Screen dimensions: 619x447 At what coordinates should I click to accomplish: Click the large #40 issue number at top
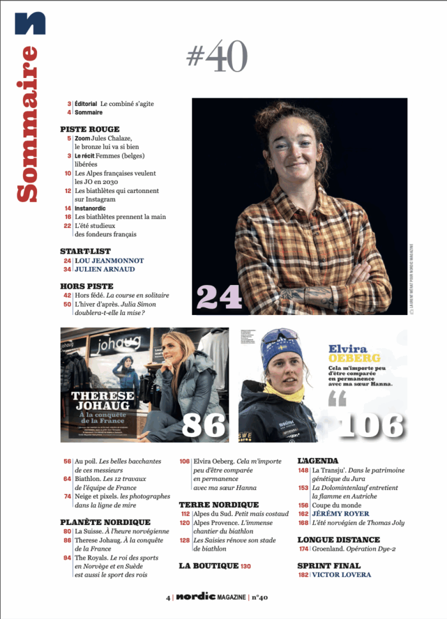point(216,57)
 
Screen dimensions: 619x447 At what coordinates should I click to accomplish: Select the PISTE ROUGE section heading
point(89,129)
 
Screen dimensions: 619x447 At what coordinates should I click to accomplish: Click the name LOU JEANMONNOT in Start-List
point(109,261)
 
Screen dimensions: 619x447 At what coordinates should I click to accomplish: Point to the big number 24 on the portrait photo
point(219,296)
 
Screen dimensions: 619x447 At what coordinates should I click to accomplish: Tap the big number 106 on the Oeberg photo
point(371,425)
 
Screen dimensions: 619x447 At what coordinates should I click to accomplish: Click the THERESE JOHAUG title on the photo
point(103,401)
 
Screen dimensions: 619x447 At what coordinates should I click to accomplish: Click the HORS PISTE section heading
point(86,286)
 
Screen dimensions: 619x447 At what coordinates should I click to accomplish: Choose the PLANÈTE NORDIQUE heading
point(105,522)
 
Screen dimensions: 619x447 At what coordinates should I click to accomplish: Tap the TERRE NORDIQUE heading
point(218,505)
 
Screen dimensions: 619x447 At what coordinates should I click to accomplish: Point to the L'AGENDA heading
point(318,461)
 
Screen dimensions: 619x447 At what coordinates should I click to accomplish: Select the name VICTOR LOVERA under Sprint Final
point(341,575)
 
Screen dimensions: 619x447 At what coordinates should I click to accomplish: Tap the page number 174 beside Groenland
point(303,549)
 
